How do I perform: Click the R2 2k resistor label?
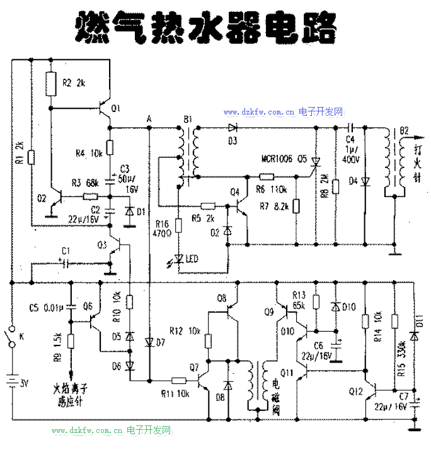point(73,82)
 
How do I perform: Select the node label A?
point(149,119)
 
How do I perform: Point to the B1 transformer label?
point(187,119)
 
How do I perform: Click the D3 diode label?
point(233,140)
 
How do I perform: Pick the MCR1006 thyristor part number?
point(277,159)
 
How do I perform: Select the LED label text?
point(192,259)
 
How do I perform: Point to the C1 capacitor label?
point(66,250)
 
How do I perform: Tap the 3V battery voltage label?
point(24,381)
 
